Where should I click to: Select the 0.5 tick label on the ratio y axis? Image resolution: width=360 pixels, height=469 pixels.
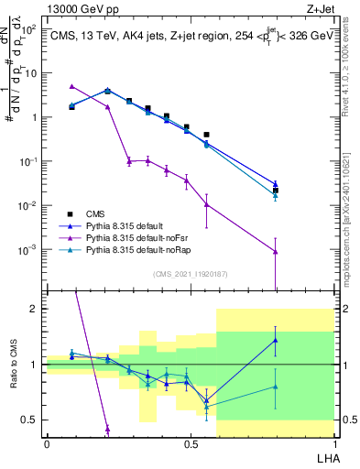pyautogui.click(x=30, y=420)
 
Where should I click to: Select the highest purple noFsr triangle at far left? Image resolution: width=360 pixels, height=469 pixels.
pyautogui.click(x=72, y=86)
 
